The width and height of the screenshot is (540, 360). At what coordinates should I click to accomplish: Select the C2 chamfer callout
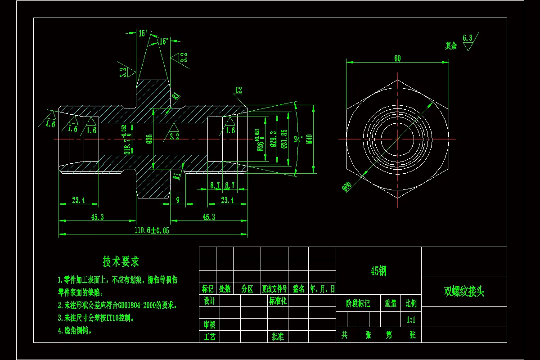point(238,90)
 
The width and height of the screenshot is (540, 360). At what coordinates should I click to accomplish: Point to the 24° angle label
point(297,139)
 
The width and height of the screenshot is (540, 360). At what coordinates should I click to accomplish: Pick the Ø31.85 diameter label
point(283,139)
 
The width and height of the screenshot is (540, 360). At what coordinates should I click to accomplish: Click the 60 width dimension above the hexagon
point(397,59)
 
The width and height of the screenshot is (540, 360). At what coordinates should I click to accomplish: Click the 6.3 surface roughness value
point(467,38)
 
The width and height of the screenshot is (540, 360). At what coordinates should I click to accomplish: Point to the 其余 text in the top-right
point(451,46)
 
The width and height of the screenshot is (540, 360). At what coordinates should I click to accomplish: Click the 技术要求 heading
point(121,261)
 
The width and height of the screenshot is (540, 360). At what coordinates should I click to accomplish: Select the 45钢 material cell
point(378,271)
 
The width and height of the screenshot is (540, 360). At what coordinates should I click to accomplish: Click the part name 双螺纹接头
point(464,292)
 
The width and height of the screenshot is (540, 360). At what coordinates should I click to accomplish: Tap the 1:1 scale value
point(411,320)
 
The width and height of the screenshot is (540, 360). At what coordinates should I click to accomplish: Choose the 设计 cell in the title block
point(209,301)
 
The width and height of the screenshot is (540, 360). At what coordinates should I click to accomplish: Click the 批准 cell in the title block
point(278,336)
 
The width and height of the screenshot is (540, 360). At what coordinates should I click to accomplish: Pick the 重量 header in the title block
point(390,304)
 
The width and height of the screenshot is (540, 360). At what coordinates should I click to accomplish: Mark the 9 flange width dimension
point(178,200)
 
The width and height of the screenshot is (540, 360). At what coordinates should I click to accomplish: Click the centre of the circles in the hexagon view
point(397,139)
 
